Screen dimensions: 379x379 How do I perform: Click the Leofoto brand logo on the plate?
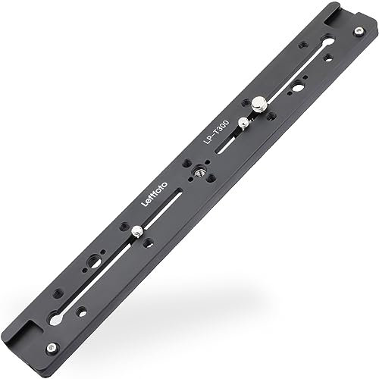155,194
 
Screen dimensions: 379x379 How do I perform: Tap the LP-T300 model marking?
216,133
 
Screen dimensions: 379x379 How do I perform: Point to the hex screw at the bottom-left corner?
52,347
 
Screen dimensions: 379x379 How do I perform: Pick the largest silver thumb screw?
258,104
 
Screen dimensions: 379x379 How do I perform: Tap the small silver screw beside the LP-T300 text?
243,124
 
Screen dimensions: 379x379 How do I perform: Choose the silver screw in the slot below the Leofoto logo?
136,231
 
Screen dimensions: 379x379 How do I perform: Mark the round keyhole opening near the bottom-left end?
55,319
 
